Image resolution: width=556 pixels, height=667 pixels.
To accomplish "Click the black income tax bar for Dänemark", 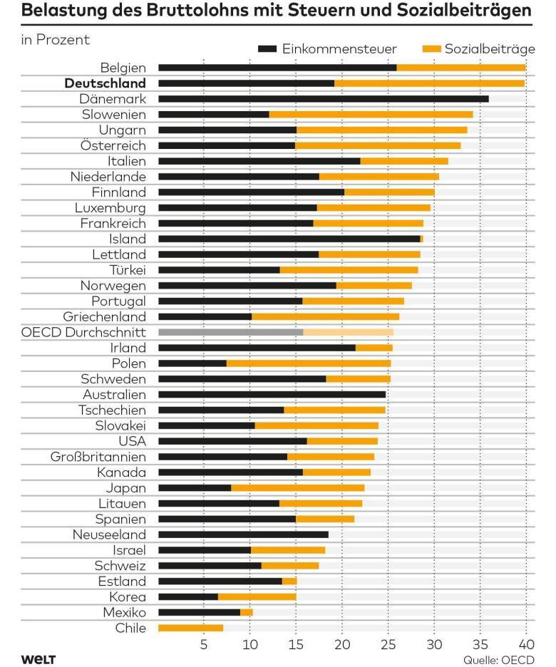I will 323,98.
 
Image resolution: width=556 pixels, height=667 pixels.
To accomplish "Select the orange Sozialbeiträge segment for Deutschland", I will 429,83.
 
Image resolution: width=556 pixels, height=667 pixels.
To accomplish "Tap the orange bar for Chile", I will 190,628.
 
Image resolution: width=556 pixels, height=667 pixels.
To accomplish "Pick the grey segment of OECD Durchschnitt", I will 230,332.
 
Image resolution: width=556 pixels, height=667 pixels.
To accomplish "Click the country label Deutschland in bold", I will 105,83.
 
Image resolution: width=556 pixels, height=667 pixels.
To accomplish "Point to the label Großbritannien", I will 98,457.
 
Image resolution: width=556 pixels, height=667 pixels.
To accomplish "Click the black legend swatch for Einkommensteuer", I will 267,48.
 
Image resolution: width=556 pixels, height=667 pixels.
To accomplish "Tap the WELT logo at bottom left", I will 38,658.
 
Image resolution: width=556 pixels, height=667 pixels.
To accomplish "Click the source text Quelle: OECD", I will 498,658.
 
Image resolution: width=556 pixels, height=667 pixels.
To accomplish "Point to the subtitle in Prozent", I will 56,40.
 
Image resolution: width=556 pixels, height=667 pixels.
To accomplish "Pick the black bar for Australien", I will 272,394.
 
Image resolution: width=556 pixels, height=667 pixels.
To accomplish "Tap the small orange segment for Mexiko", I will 247,612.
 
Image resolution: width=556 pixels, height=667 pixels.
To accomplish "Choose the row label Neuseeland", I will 109,534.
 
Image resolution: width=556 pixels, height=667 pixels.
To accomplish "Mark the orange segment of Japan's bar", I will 297,488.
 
